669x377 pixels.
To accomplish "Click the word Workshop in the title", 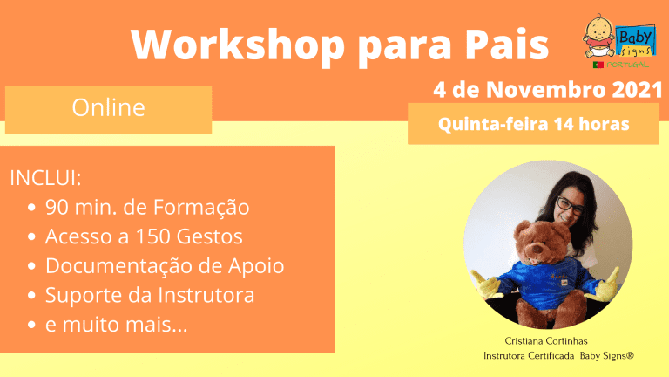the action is pyautogui.click(x=238, y=45).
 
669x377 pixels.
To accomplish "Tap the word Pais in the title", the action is pyautogui.click(x=507, y=45).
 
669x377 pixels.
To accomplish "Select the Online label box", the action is pyautogui.click(x=108, y=110).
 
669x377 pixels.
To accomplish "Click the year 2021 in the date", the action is pyautogui.click(x=637, y=90).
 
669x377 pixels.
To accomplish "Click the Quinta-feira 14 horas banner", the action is pyautogui.click(x=533, y=124).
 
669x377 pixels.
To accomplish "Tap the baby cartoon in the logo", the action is pyautogui.click(x=599, y=37).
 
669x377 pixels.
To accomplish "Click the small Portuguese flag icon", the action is pyautogui.click(x=598, y=65).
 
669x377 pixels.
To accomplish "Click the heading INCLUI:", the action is pyautogui.click(x=45, y=178).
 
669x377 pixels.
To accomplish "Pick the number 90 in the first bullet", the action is pyautogui.click(x=57, y=208).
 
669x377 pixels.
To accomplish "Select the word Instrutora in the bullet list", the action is pyautogui.click(x=206, y=295).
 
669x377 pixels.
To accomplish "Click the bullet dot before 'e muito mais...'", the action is pyautogui.click(x=31, y=325).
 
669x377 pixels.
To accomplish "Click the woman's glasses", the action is pyautogui.click(x=570, y=206).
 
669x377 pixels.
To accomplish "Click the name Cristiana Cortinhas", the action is pyautogui.click(x=546, y=341).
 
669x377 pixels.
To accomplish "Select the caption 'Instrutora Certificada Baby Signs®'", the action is pyautogui.click(x=558, y=356).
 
